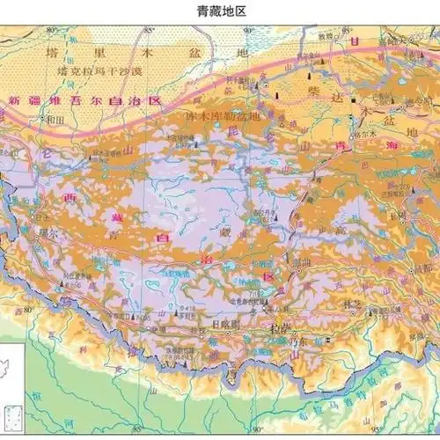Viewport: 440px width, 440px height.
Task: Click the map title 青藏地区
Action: point(219,11)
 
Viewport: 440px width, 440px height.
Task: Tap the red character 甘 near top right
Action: point(354,42)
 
